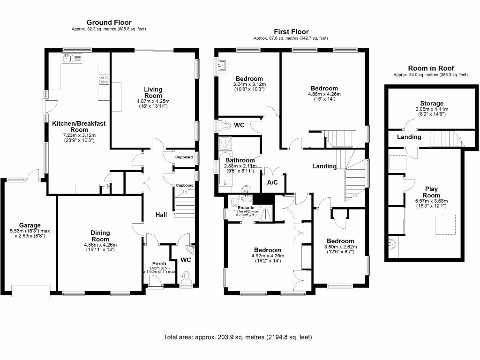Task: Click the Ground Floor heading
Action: [109, 22]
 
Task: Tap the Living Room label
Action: [153, 92]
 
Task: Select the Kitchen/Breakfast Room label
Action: [78, 127]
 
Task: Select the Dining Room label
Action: [100, 236]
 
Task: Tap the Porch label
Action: [158, 264]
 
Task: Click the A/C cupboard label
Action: [272, 182]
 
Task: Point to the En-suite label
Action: [246, 208]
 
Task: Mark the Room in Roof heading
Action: [430, 68]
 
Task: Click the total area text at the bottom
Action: [238, 337]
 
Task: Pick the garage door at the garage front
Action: [31, 291]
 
